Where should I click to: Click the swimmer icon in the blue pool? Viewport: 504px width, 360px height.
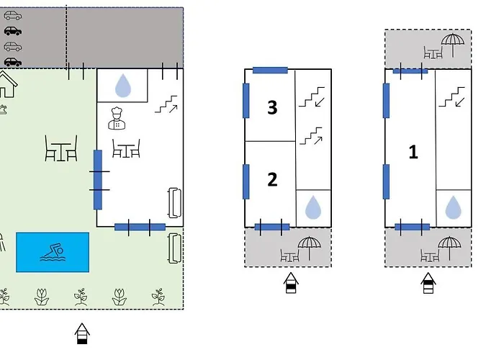point(53,252)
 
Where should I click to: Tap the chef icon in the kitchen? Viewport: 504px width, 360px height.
point(117,118)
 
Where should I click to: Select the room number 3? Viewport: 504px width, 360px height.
point(272,107)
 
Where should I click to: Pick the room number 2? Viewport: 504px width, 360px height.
point(272,179)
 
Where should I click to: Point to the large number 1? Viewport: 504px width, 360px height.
point(413,152)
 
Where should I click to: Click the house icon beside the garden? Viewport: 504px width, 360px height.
point(7,84)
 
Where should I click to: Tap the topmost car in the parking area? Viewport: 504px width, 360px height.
point(13,15)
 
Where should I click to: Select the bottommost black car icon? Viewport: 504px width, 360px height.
point(13,62)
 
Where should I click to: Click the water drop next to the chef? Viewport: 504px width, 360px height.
point(123,86)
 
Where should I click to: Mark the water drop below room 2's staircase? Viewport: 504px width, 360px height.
point(313,207)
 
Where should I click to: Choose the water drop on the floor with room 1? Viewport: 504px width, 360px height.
point(453,207)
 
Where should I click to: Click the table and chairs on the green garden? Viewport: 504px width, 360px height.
point(61,148)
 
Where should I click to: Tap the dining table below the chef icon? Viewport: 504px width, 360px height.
point(126,148)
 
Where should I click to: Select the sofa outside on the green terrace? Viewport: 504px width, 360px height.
point(174,248)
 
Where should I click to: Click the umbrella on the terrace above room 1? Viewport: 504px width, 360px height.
point(453,45)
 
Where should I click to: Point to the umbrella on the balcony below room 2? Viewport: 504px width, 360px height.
point(309,248)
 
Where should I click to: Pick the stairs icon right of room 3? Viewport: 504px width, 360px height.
point(312,96)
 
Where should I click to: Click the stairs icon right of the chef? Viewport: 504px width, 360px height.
point(166,104)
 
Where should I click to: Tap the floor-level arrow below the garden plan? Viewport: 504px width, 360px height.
point(82,333)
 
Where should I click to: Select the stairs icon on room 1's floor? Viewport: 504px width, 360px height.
point(452,96)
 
